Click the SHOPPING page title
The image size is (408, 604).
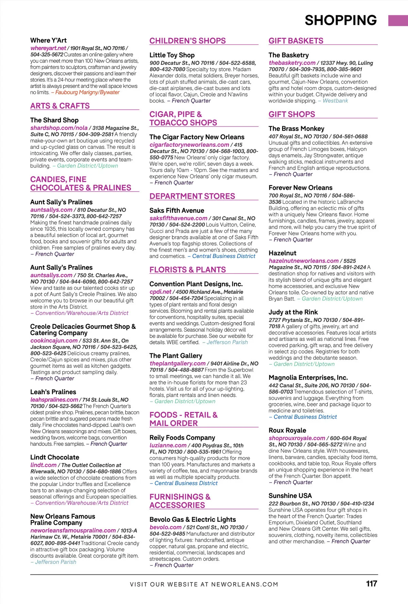[341, 20]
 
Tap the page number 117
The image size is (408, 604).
[372, 584]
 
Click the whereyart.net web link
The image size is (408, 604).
[48, 48]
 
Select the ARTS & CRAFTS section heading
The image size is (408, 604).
[60, 106]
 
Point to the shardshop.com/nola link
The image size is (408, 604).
[59, 128]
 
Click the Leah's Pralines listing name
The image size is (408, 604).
[53, 392]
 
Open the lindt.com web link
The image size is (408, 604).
[44, 465]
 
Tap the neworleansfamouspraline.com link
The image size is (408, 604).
[73, 531]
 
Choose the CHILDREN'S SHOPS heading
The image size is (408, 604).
[188, 41]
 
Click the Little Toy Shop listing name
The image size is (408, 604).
[172, 55]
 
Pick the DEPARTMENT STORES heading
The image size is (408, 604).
[192, 196]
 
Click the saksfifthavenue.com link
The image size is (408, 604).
[178, 218]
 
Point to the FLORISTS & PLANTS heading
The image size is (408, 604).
[188, 270]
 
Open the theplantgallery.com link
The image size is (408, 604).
[177, 363]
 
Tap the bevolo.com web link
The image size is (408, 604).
[166, 527]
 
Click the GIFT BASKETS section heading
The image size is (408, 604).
[296, 41]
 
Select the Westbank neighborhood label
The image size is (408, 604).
[335, 101]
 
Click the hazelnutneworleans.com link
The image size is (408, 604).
[304, 261]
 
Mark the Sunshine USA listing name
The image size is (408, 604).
[290, 496]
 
